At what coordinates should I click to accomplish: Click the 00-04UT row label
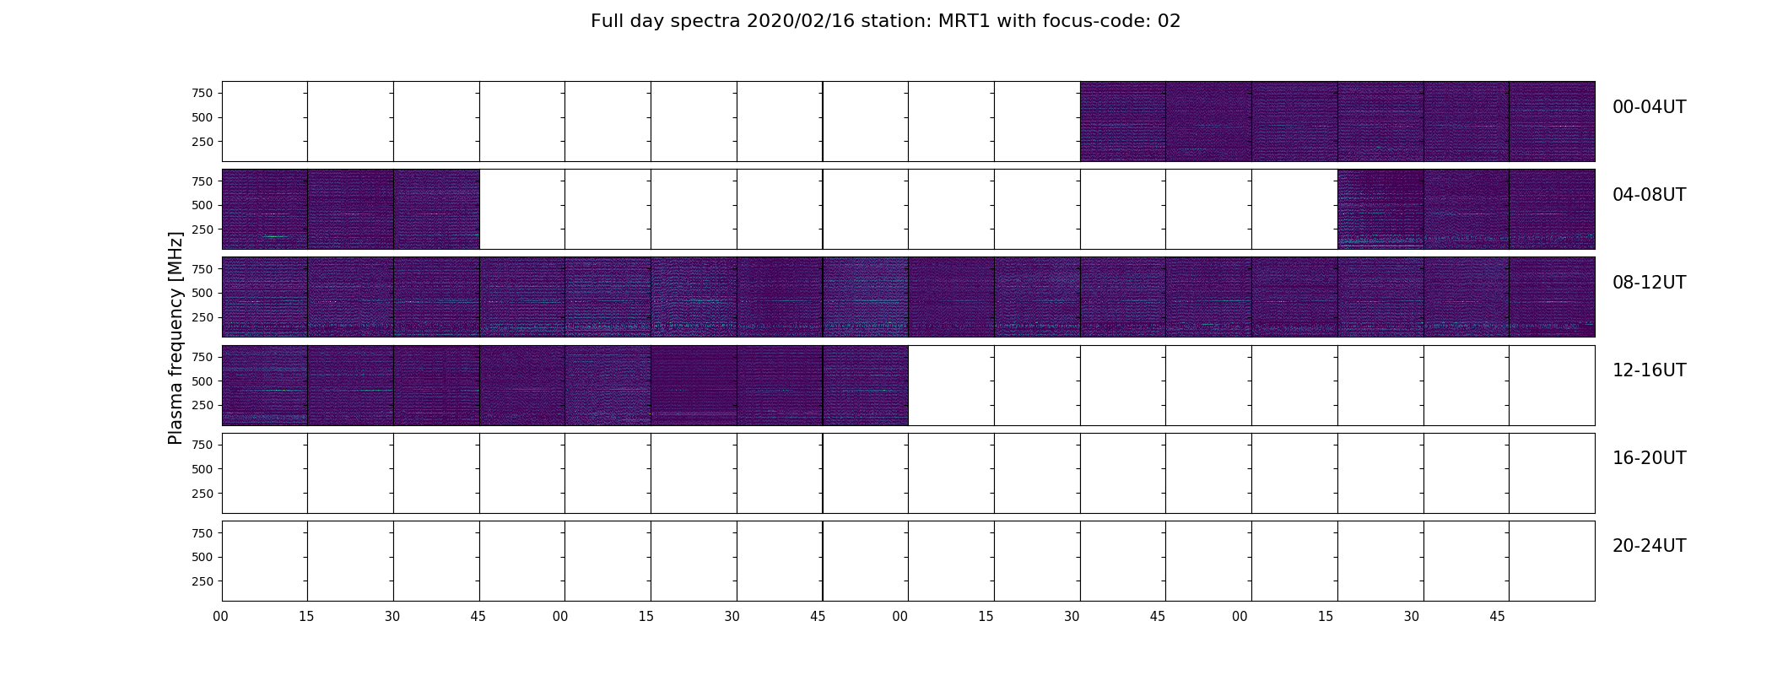1649,107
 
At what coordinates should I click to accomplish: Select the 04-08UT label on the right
1649,195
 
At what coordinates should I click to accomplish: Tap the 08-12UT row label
1649,283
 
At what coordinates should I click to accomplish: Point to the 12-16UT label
1649,370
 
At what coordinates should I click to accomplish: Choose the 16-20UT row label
1649,458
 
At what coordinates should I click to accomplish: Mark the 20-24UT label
1649,546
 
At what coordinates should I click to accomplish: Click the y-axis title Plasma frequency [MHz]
176,338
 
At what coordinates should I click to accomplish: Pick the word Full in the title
608,21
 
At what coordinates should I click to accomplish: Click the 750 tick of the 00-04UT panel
202,93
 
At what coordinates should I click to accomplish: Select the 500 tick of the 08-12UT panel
202,293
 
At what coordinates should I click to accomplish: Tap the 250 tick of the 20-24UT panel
202,581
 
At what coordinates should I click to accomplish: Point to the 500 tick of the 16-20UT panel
202,469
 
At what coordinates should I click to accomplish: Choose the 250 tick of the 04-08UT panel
202,229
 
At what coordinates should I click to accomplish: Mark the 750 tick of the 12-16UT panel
202,357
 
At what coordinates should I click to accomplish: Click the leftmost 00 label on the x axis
221,617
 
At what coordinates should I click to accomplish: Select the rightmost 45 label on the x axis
1497,617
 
